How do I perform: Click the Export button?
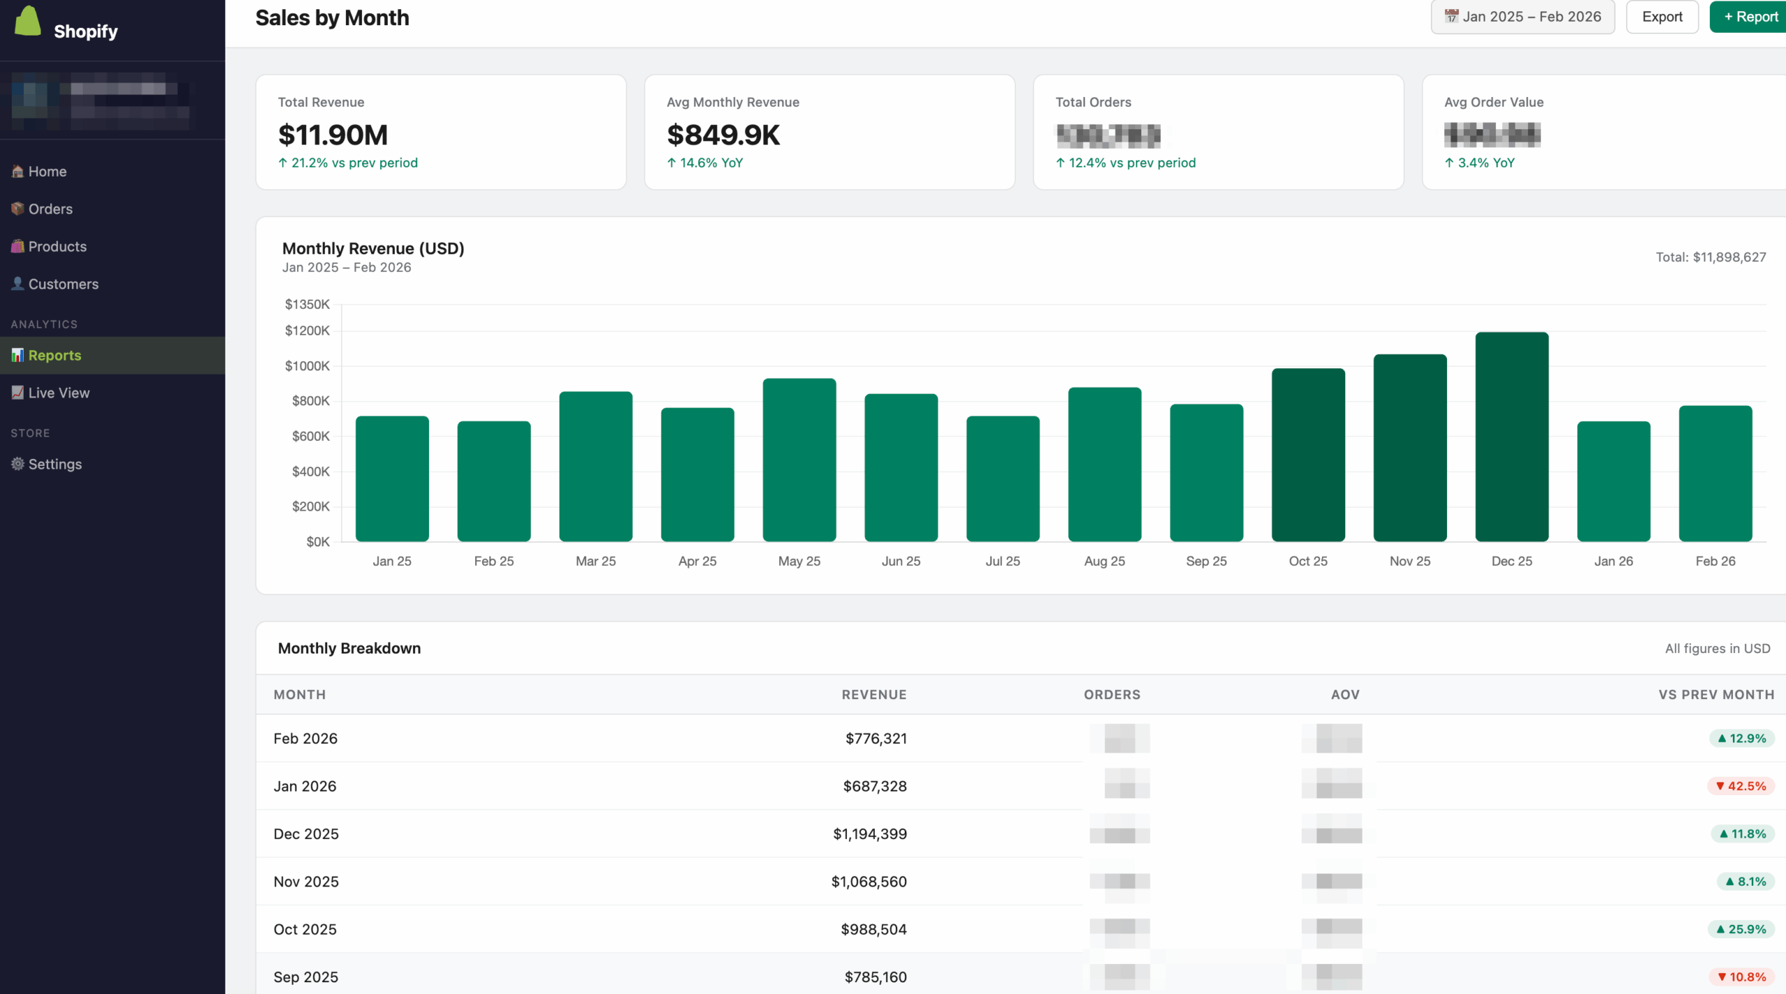1662,17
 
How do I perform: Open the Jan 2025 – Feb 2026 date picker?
1522,17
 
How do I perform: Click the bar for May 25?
799,460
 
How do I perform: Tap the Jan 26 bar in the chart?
1613,481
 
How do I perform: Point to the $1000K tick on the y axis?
307,366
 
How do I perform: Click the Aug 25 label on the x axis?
1104,561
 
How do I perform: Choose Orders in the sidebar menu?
50,209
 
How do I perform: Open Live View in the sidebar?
59,393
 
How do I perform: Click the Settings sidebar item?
54,464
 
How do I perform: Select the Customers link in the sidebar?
63,284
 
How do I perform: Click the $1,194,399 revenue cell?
869,834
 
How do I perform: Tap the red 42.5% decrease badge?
1740,786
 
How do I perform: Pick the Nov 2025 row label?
306,882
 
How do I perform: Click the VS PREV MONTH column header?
1716,694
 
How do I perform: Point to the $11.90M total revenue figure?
333,135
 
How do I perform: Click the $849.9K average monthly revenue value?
723,135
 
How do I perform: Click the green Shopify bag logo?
28,21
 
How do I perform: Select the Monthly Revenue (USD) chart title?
373,248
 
